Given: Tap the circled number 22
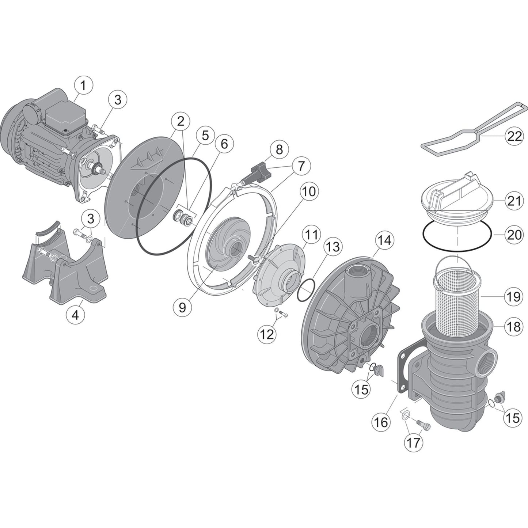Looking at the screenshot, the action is [514, 136].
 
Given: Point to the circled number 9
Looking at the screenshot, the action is [182, 307].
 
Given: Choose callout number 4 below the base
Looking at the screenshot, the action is [75, 315].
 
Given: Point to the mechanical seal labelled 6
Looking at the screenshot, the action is [184, 216].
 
